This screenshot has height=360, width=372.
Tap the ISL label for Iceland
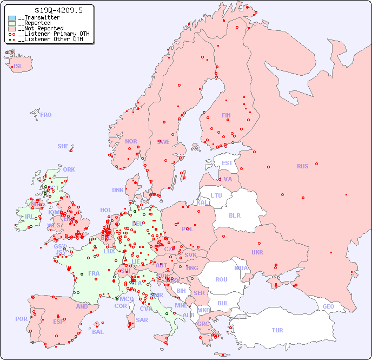pos(18,67)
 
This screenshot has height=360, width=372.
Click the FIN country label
pos(226,115)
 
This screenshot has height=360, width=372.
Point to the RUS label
pos(302,166)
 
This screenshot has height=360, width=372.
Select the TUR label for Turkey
pos(277,330)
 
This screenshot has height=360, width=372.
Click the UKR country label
pos(257,252)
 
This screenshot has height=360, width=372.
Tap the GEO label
pos(328,306)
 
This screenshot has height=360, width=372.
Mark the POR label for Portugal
pos(21,319)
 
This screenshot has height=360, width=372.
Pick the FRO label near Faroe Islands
pos(46,115)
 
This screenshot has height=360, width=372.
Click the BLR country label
pos(235,215)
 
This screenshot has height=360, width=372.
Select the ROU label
pos(221,279)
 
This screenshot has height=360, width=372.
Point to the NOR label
pos(131,141)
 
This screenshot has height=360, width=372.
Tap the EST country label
pos(227,163)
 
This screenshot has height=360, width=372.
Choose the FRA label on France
pos(94,273)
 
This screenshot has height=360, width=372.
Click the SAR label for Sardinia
pos(142,320)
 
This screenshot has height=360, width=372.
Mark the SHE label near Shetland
pos(63,146)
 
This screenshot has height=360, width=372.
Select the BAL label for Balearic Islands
pos(98,332)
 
